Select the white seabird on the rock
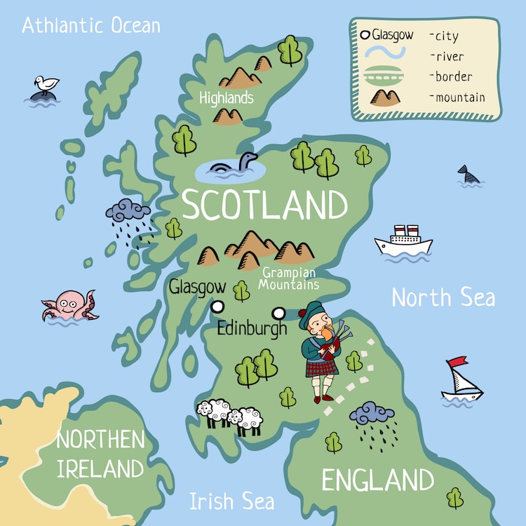(x=46, y=85)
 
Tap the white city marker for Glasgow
(x=217, y=306)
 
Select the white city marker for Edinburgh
(x=279, y=313)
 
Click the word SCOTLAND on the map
(x=264, y=205)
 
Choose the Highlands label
(x=226, y=97)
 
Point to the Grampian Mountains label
(x=288, y=278)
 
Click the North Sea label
(x=443, y=297)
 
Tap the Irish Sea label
(x=231, y=501)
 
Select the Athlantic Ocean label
(x=91, y=26)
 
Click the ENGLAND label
(x=377, y=481)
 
